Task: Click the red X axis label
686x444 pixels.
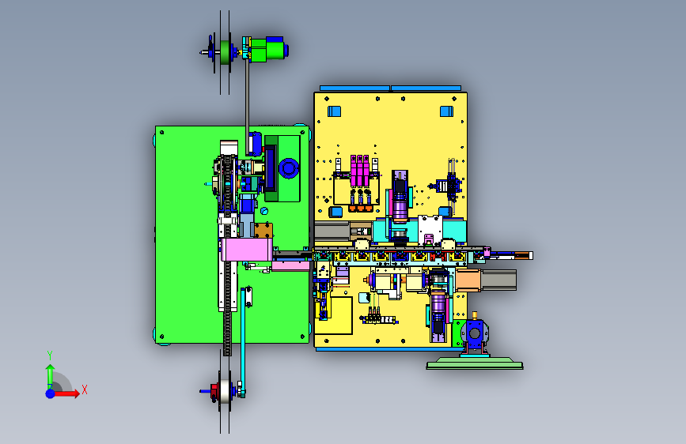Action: (85, 389)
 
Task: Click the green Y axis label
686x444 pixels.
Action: (50, 356)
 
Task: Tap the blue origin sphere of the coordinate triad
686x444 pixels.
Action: (51, 393)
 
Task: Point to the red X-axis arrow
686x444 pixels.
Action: (66, 393)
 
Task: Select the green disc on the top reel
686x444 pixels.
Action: (225, 52)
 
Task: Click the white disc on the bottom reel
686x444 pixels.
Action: (225, 391)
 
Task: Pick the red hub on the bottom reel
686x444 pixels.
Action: (214, 391)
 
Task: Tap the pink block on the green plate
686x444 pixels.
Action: (247, 250)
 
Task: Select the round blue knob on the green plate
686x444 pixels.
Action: (289, 167)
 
